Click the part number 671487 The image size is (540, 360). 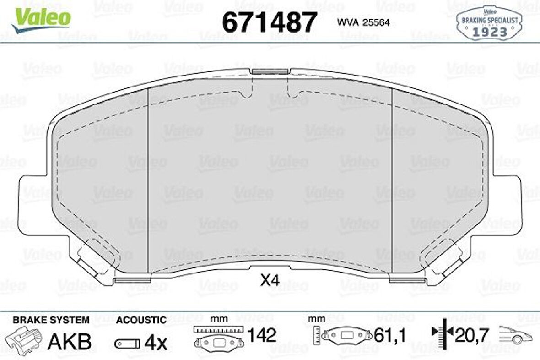pyautogui.click(x=270, y=22)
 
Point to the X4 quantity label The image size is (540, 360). pyautogui.click(x=270, y=280)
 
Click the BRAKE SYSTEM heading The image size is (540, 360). pyautogui.click(x=51, y=320)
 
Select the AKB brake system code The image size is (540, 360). pyautogui.click(x=70, y=342)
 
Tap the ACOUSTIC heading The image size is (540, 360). pyautogui.click(x=141, y=320)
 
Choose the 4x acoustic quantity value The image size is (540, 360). pyautogui.click(x=156, y=342)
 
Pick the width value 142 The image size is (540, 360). pyautogui.click(x=262, y=336)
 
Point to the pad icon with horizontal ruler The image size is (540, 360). pyautogui.click(x=217, y=337)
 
